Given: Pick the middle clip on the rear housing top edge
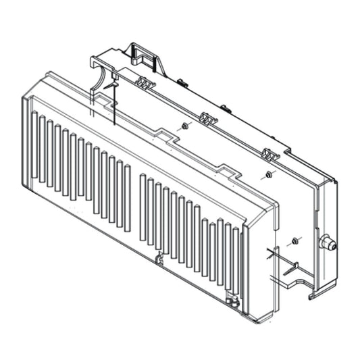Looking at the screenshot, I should [x=207, y=120].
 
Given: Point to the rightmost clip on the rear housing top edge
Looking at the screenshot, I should [x=270, y=155].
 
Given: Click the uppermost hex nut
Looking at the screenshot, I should [x=184, y=126].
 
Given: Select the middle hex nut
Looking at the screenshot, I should [x=268, y=175].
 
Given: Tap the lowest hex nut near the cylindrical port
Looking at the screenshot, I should [x=295, y=240].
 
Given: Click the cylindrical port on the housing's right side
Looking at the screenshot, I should [x=328, y=243].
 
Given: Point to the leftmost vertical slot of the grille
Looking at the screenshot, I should [x=34, y=149].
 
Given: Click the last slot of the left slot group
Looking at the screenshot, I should [x=127, y=196].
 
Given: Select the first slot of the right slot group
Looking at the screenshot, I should [x=143, y=207].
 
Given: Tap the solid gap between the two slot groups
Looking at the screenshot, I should [x=135, y=203].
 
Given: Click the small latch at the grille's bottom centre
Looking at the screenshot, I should [x=159, y=258].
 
